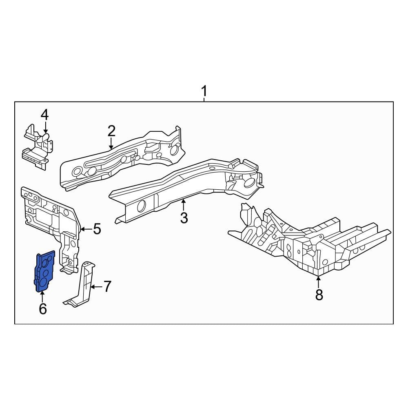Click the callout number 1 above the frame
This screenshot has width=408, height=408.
[x=204, y=91]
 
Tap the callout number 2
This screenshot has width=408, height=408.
[x=111, y=131]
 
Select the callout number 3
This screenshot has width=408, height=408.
[x=184, y=218]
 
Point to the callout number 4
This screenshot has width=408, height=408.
[x=45, y=115]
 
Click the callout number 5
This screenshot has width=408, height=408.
[x=97, y=229]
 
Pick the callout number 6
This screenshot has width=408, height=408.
[x=43, y=308]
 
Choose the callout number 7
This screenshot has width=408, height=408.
[x=107, y=286]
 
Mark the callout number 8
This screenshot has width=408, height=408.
[x=319, y=295]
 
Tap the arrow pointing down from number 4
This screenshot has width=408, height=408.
[x=46, y=128]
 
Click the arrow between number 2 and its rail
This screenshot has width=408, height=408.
[x=111, y=144]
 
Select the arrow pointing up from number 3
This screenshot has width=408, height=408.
[x=184, y=204]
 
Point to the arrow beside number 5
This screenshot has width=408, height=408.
[x=86, y=229]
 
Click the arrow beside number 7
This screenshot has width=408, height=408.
[x=96, y=287]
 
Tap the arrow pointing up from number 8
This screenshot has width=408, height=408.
[x=318, y=282]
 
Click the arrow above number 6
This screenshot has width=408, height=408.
[x=42, y=297]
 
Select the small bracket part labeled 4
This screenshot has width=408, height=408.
[x=38, y=147]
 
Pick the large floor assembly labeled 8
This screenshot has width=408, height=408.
[x=309, y=241]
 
